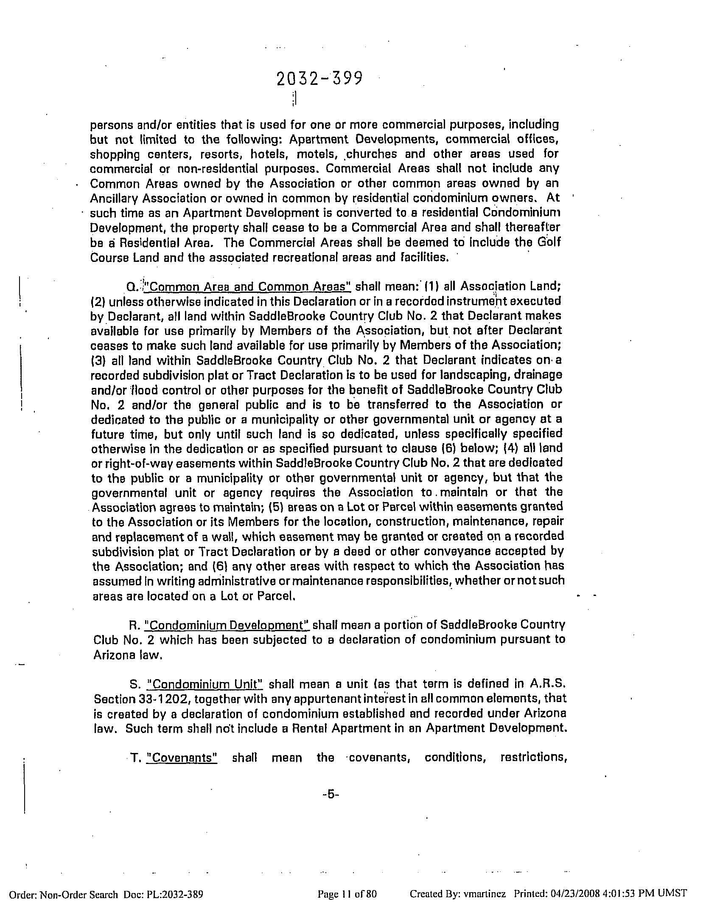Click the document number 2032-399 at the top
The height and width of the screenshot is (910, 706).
pyautogui.click(x=319, y=79)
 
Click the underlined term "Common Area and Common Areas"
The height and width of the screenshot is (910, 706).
pyautogui.click(x=248, y=286)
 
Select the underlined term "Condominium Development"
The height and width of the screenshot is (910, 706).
pyautogui.click(x=227, y=625)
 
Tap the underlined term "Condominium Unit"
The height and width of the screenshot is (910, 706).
pyautogui.click(x=205, y=685)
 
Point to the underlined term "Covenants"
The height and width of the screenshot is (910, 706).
pyautogui.click(x=182, y=758)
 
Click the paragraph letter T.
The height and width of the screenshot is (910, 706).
pyautogui.click(x=136, y=758)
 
